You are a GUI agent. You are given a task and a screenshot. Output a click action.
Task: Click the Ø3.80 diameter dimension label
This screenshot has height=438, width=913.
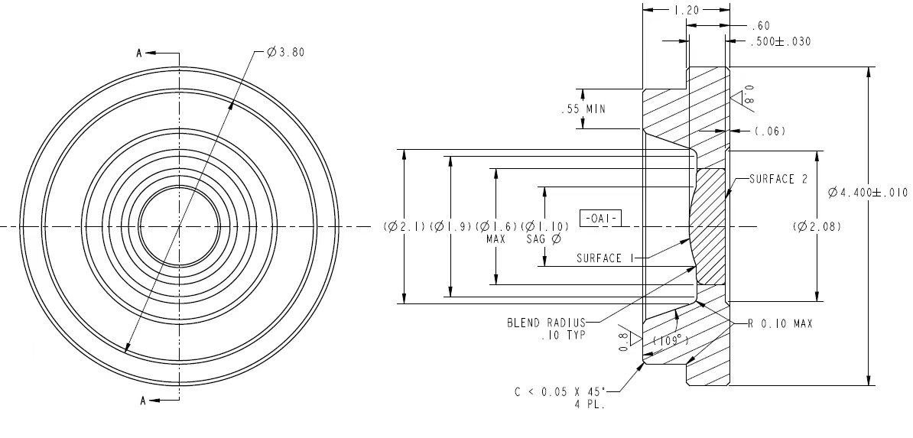[x=285, y=53]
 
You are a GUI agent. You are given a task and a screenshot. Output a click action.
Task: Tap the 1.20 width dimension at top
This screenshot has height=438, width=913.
[x=686, y=10]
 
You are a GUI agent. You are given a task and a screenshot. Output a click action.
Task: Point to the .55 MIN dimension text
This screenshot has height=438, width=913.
[x=583, y=109]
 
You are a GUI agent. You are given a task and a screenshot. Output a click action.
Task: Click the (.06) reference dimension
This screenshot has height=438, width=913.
[x=770, y=131]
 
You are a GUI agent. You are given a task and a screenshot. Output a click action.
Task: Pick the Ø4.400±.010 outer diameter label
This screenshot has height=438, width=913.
[x=868, y=192]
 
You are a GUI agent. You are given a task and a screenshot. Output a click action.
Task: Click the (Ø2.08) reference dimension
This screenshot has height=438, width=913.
[x=817, y=226]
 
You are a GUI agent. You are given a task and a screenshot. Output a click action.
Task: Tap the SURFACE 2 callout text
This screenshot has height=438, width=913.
[x=778, y=180]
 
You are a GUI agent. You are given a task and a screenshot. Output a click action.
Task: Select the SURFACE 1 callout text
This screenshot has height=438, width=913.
[x=605, y=258]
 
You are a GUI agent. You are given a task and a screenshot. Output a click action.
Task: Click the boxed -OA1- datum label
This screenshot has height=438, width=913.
[x=600, y=219]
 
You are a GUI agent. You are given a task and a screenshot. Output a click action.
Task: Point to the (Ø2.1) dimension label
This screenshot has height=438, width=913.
[x=405, y=226]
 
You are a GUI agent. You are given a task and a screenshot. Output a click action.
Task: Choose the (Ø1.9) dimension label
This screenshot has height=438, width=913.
[x=450, y=226]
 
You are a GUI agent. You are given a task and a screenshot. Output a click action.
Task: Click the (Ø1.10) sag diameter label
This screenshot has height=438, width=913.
[x=544, y=226]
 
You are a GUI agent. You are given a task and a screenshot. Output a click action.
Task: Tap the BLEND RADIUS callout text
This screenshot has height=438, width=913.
[x=546, y=323]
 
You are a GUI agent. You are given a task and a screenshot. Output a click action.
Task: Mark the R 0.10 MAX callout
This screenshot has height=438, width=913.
[x=780, y=324]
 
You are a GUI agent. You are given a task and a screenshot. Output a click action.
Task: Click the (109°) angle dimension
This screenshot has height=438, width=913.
[x=671, y=341]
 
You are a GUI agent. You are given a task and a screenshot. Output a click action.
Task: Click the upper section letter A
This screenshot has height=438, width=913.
[x=139, y=54]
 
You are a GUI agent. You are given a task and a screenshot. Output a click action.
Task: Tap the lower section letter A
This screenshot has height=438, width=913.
[x=143, y=401]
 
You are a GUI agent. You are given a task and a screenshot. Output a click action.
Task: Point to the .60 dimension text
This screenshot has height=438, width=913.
[x=760, y=26]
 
